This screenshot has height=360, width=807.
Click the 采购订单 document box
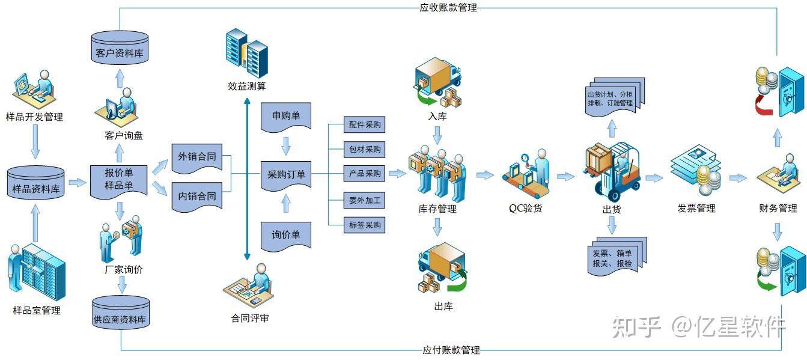pyautogui.click(x=286, y=175)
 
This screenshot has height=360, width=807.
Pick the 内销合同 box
pyautogui.click(x=196, y=197)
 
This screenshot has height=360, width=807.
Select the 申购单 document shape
pyautogui.click(x=286, y=116)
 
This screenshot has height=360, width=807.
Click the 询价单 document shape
pyautogui.click(x=286, y=235)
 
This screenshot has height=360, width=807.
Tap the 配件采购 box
pyautogui.click(x=364, y=125)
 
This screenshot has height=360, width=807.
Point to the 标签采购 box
pyautogui.click(x=364, y=225)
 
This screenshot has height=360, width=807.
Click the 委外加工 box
pyautogui.click(x=364, y=200)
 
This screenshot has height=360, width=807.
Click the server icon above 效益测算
pyautogui.click(x=246, y=53)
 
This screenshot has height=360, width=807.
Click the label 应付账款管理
pyautogui.click(x=451, y=350)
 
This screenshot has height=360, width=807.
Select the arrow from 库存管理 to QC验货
pyautogui.click(x=485, y=175)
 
